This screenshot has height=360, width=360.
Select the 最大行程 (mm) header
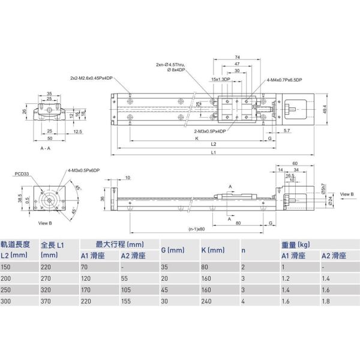(120, 244)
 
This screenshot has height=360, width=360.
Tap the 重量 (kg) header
(296, 245)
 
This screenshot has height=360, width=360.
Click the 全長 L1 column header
(53, 245)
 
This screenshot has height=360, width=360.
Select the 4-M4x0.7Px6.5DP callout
(284, 79)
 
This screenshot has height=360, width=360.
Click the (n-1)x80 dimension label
(196, 229)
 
